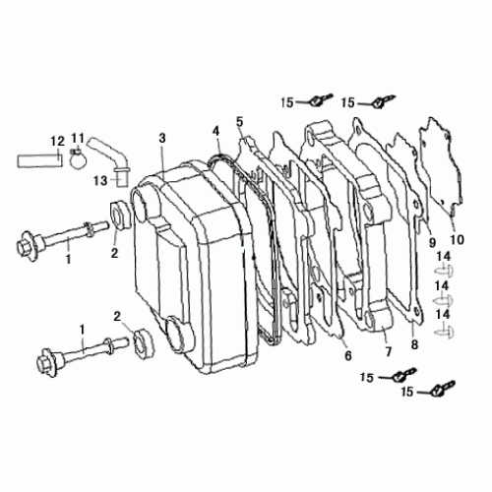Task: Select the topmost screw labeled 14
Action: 445,268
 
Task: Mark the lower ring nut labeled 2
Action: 140,338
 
